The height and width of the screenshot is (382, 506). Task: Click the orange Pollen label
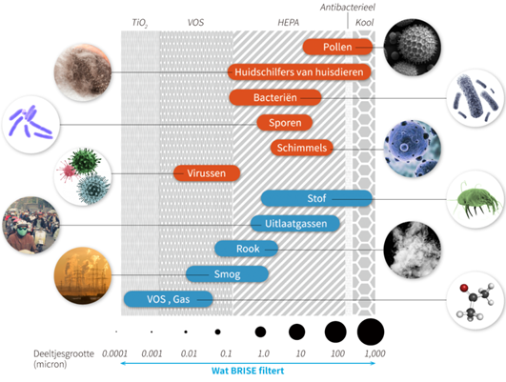(x=337, y=47)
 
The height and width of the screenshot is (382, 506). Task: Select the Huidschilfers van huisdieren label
(x=299, y=72)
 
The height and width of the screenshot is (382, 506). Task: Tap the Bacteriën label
(x=275, y=97)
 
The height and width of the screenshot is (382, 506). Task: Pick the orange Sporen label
(x=285, y=123)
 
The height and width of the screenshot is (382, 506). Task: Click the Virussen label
(x=207, y=173)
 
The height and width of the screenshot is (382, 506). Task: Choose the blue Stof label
(x=316, y=198)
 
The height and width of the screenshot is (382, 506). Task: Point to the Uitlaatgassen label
(x=295, y=223)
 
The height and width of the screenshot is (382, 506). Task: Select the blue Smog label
(x=227, y=274)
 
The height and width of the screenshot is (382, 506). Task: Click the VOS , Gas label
(x=168, y=299)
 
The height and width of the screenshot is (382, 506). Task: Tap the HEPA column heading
(x=288, y=22)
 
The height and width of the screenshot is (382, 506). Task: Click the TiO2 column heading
(x=140, y=23)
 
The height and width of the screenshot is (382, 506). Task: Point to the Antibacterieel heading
(x=348, y=7)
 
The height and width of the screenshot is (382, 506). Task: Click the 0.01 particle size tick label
(x=189, y=353)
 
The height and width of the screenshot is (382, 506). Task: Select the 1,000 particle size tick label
(x=375, y=353)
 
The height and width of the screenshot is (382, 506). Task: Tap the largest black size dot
(x=371, y=332)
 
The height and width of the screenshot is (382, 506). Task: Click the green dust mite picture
(x=476, y=199)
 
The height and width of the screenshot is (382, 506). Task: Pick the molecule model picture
(x=476, y=300)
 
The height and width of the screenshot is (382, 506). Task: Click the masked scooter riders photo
(x=31, y=225)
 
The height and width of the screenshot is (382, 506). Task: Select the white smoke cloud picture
(x=413, y=250)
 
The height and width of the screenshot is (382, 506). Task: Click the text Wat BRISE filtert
(x=248, y=371)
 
